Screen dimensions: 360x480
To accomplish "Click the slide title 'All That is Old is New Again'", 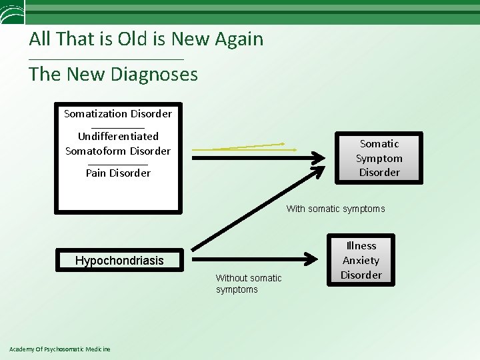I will [146, 39].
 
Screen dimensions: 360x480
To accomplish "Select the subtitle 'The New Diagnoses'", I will [113, 74].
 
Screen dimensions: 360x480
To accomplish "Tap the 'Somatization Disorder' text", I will [118, 113].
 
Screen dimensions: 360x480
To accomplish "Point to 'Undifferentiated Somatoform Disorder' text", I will [118, 143].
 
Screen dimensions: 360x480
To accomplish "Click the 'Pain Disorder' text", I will [118, 173].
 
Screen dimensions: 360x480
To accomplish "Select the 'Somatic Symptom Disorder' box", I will [379, 158].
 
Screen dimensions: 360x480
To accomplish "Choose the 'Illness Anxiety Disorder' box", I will [361, 260].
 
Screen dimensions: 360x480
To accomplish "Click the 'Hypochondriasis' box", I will [119, 260].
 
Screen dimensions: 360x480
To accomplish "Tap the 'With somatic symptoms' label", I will [335, 209].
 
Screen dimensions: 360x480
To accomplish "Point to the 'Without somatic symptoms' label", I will [249, 283].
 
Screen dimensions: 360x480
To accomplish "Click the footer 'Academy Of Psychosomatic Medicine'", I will [60, 349].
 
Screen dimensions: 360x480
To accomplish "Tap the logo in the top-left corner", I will [11, 11].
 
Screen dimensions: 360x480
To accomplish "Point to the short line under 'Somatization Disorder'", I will [118, 127].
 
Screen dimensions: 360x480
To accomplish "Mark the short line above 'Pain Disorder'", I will [118, 163].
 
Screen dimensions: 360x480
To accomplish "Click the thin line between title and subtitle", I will [107, 60].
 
